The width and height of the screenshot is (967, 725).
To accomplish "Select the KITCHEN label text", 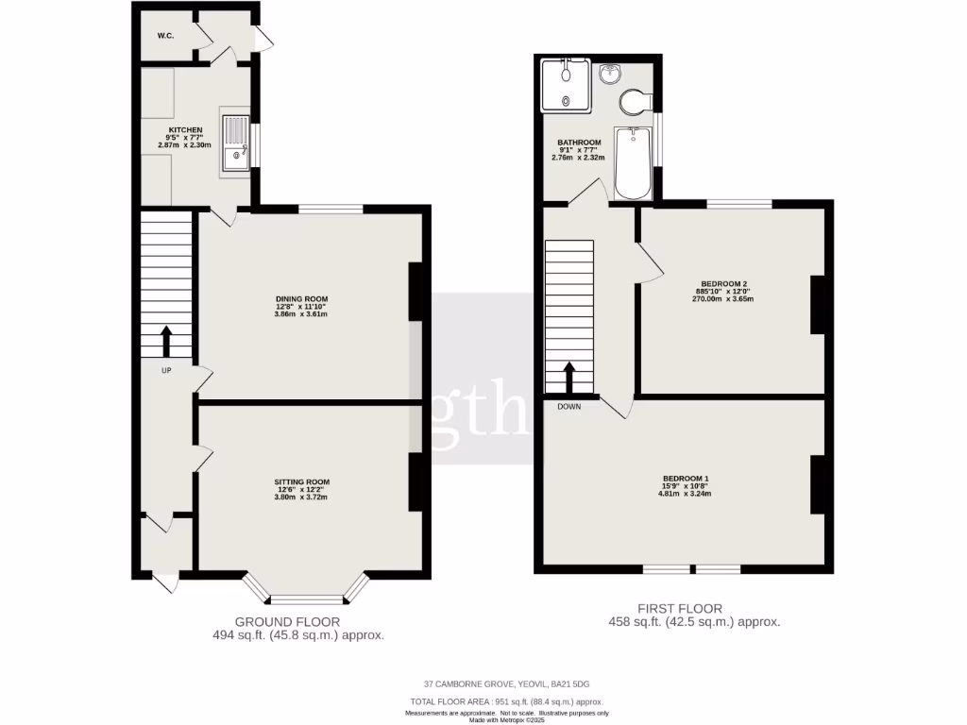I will (x=185, y=129).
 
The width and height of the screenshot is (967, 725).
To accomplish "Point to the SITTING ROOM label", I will (x=302, y=481).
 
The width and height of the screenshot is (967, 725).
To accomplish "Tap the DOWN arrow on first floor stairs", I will (x=569, y=377).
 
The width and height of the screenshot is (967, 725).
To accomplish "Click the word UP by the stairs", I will (x=166, y=370).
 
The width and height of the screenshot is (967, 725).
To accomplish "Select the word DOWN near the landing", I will (x=568, y=407).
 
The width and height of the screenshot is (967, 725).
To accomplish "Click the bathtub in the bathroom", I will (x=632, y=162).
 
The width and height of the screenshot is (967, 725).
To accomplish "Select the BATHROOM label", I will (x=579, y=143).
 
